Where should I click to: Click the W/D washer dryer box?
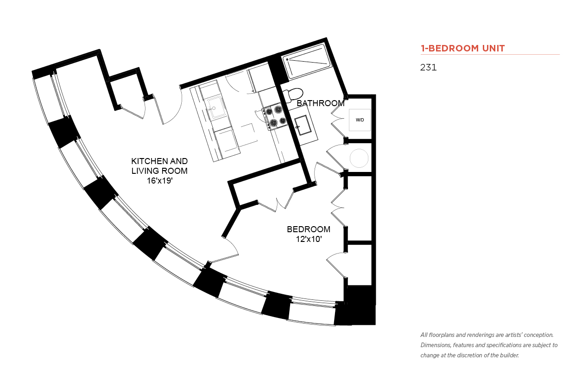[360, 120]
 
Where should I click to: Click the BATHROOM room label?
[321, 103]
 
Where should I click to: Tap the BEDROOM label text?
[309, 229]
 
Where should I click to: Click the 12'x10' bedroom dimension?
[309, 239]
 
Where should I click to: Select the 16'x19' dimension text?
[160, 181]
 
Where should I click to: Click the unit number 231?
[428, 67]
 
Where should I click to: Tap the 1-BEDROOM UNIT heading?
[462, 48]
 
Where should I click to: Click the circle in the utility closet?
[359, 158]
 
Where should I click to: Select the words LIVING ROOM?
[159, 171]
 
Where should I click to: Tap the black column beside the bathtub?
[278, 69]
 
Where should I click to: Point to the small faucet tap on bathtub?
[287, 60]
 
